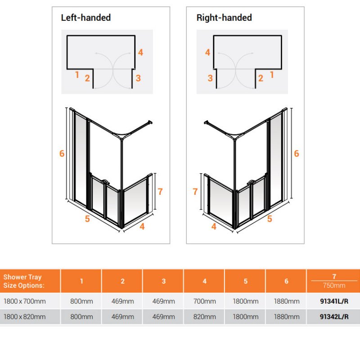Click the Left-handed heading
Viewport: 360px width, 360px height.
click(86, 18)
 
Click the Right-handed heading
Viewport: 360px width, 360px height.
click(224, 18)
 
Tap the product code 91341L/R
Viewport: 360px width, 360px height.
click(334, 301)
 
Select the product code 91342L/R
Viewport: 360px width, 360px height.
click(334, 317)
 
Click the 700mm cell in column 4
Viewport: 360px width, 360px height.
click(205, 301)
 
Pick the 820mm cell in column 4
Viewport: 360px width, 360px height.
click(205, 317)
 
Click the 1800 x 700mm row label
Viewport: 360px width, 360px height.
click(25, 301)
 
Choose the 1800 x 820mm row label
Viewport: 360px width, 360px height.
click(25, 317)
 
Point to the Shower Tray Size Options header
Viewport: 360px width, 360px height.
click(24, 281)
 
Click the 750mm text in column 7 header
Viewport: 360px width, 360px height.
click(334, 285)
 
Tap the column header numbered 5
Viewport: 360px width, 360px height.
click(245, 281)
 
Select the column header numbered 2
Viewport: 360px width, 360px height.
click(122, 281)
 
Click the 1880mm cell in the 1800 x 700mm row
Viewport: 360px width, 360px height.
click(287, 301)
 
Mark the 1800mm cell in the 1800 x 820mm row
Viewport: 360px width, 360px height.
click(245, 317)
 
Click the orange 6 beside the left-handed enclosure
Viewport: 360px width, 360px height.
click(62, 153)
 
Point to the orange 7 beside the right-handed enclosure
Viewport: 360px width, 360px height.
click(195, 192)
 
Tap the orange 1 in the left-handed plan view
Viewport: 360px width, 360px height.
click(77, 75)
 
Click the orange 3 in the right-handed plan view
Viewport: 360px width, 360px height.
click(210, 78)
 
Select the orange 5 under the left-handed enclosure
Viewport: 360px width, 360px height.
click(87, 219)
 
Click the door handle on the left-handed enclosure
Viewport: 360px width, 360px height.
click(106, 182)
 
